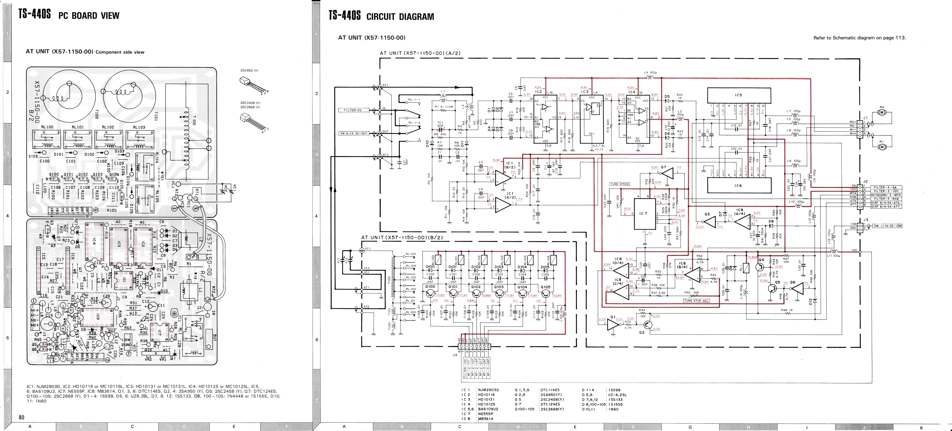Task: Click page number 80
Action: (x=21, y=417)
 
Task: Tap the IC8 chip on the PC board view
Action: (x=98, y=317)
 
